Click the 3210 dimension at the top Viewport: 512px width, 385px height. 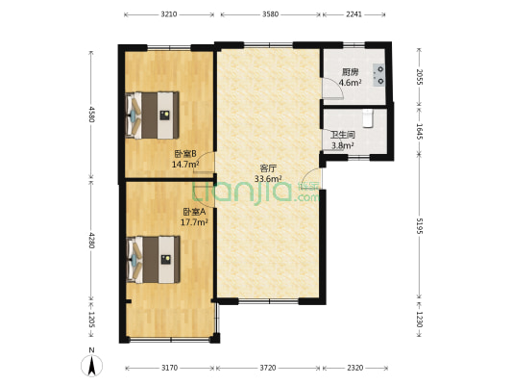coord(169,13)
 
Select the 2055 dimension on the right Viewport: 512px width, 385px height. coord(420,76)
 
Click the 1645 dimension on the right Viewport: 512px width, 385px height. coord(420,132)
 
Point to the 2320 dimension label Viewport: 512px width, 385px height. coord(355,368)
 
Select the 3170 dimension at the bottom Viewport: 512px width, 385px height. coord(169,368)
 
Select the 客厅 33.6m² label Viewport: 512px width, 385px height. coord(267,172)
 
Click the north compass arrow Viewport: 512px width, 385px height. coord(91,365)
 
